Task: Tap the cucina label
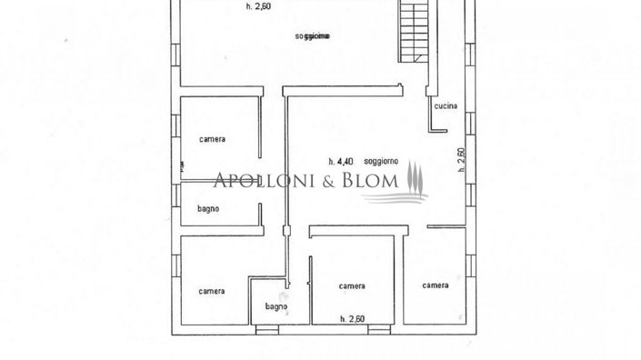click(445, 106)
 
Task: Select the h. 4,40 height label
click(342, 161)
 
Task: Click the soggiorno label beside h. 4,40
click(380, 161)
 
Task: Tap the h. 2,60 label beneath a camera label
click(353, 318)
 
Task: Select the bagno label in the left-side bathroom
click(208, 209)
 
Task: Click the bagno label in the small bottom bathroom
click(276, 306)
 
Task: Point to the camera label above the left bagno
click(213, 139)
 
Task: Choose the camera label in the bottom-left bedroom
click(212, 291)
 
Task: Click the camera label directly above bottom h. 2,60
click(352, 286)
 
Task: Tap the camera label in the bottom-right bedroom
click(435, 285)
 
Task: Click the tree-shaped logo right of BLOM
click(415, 178)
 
